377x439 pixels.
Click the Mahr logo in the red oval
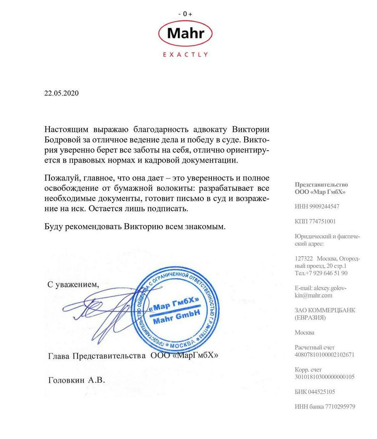185,33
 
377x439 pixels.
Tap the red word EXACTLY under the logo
185,54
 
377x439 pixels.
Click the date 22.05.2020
61,93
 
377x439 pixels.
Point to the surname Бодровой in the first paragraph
60,140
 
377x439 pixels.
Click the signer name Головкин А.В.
77,380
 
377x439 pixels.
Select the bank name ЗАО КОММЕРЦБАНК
325,310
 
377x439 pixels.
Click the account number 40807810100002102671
325,355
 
